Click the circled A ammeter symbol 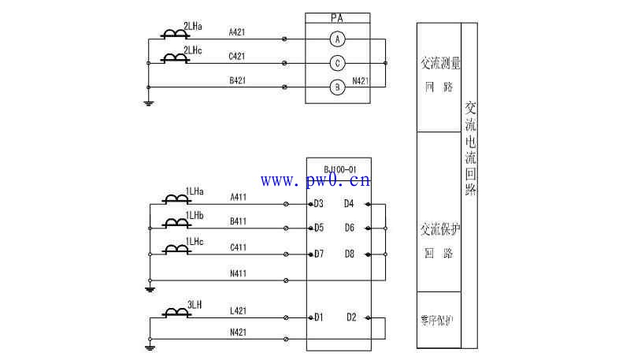[337, 39]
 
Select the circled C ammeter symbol [337, 63]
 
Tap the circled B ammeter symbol [337, 87]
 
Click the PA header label [337, 17]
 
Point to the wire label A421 [237, 32]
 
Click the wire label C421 [237, 56]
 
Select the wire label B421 [237, 80]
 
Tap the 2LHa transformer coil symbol [174, 34]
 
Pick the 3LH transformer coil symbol [175, 313]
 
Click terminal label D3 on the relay [319, 204]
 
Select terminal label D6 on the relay [350, 228]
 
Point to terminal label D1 [319, 317]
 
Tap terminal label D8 [350, 254]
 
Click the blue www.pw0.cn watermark [315, 182]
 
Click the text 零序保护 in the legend [437, 320]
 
